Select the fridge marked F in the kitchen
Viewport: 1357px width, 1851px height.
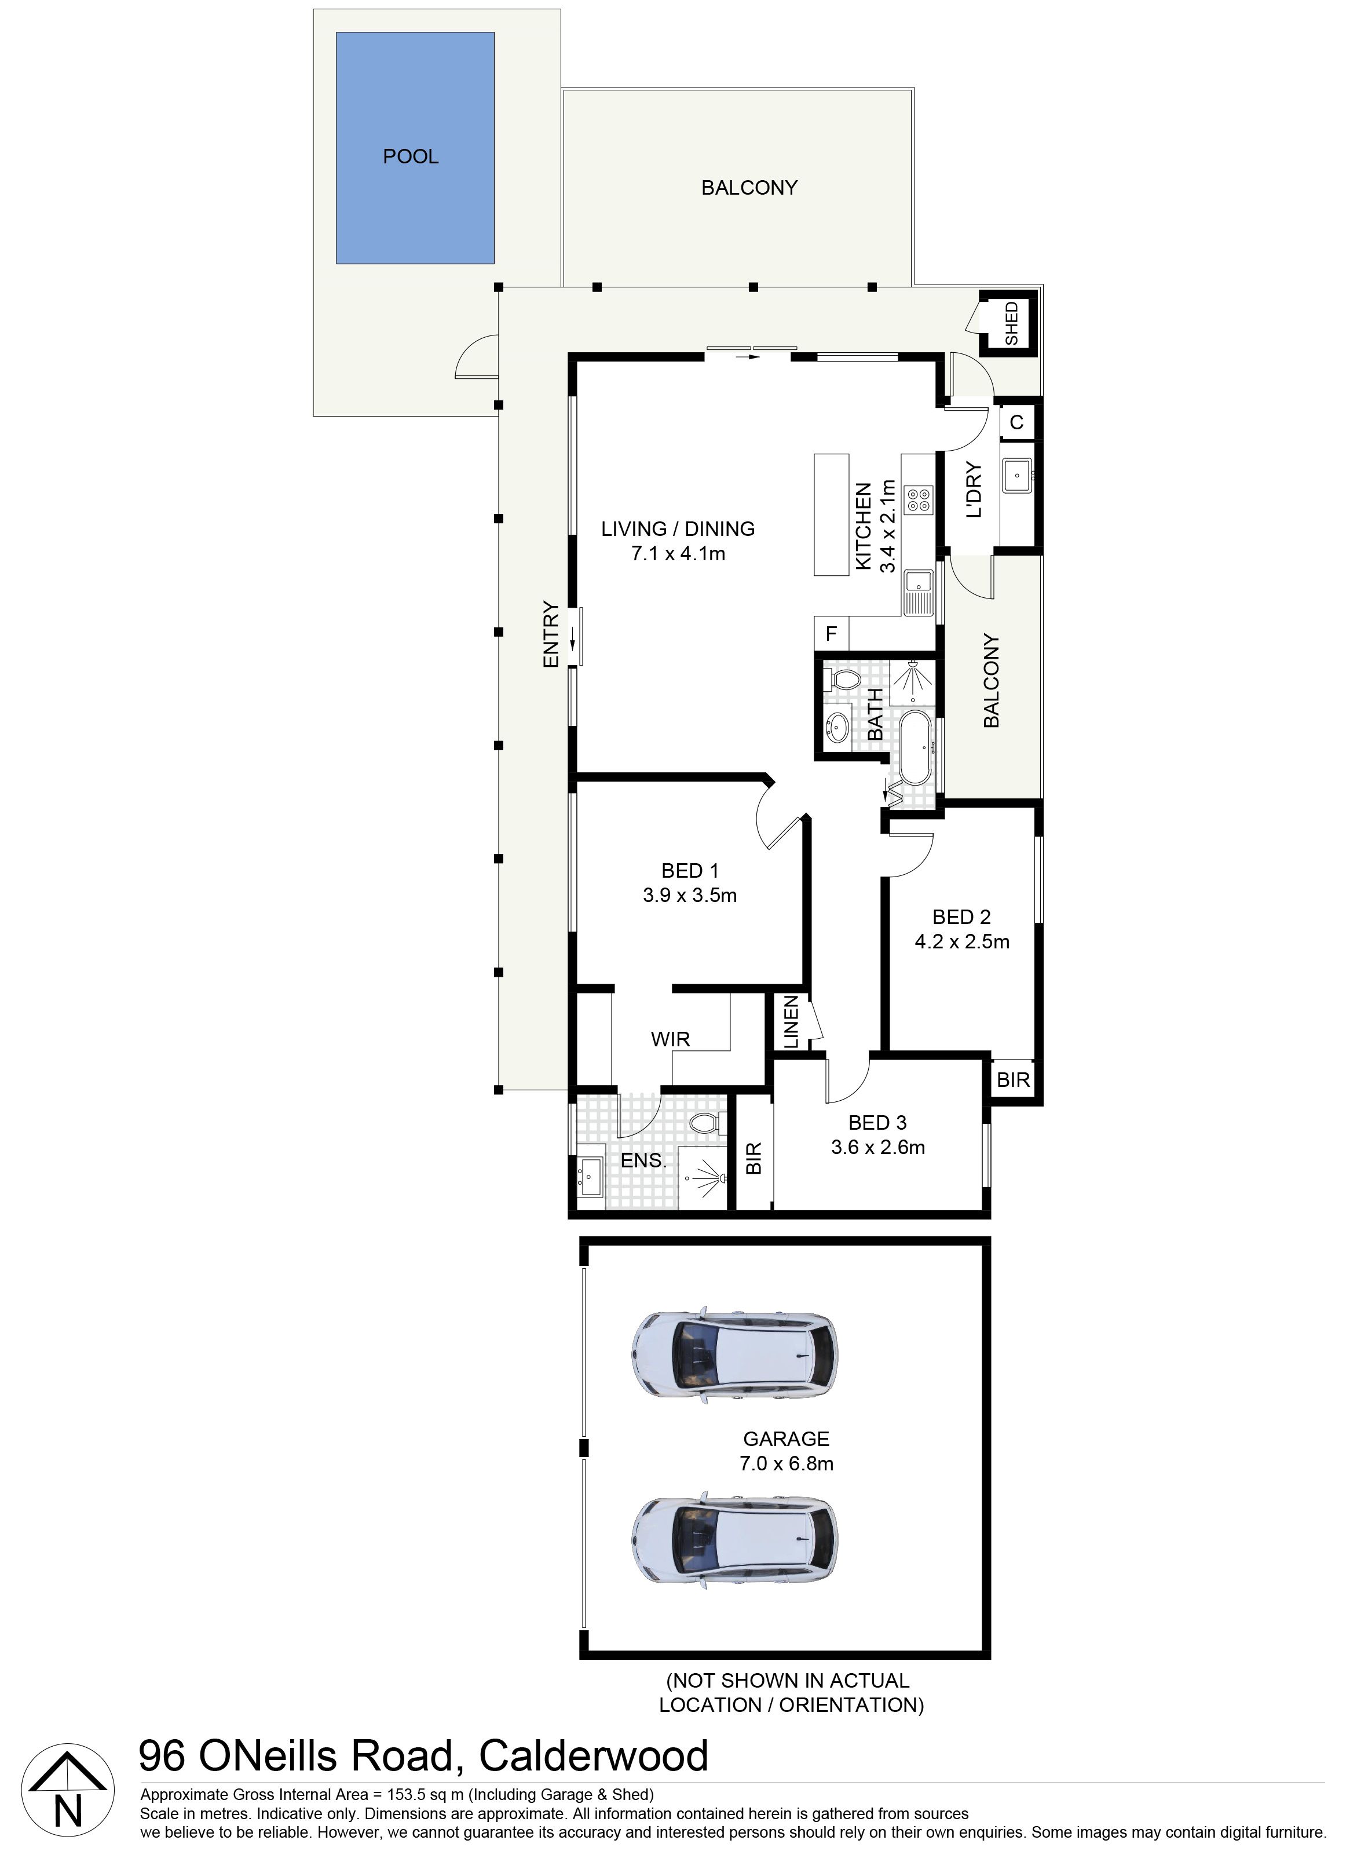tap(831, 633)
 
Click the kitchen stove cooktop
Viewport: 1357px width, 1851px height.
tap(917, 499)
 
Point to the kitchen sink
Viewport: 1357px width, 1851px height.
tap(917, 592)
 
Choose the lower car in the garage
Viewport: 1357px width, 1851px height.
tap(735, 1536)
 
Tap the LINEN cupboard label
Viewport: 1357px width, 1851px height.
tap(790, 1022)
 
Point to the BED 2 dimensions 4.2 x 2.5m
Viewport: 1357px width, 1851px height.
tap(962, 941)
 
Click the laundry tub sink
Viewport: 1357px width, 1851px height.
tap(1018, 476)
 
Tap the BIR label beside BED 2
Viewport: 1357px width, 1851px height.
tap(1013, 1079)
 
